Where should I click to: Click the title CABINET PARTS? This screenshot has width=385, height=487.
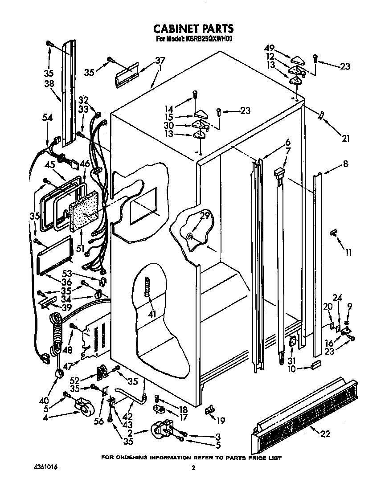tap(193, 29)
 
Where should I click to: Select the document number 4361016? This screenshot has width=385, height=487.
tap(45, 467)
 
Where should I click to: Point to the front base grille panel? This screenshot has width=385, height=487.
tap(303, 412)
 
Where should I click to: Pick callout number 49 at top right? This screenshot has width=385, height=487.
tap(269, 49)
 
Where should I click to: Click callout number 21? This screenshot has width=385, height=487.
tap(345, 138)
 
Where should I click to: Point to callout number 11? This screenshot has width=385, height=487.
tap(348, 253)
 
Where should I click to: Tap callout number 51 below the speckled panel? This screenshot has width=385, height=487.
tap(81, 248)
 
